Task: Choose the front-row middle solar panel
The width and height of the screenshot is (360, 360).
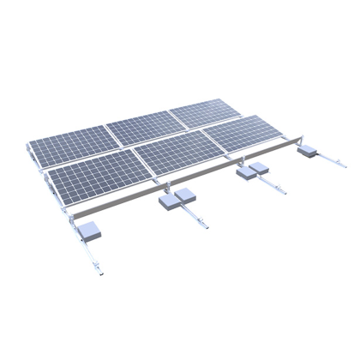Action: (x=171, y=155)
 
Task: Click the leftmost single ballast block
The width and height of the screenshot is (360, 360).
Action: (x=89, y=228)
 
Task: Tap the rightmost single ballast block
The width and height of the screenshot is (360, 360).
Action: (x=307, y=153)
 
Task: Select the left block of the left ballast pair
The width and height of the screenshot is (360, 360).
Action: (x=169, y=203)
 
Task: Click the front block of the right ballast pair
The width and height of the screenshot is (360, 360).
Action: (x=247, y=175)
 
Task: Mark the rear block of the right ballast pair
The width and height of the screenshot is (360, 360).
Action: (x=260, y=168)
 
